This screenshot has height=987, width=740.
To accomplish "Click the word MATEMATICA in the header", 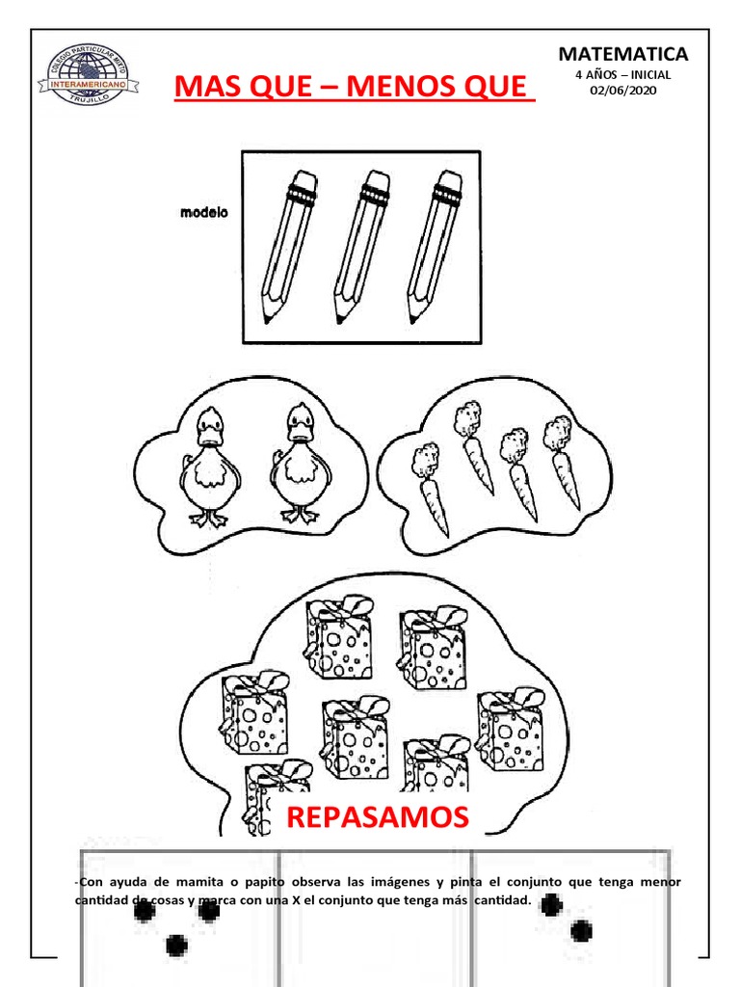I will coord(623,54).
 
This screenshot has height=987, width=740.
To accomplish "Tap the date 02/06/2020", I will coord(622,91).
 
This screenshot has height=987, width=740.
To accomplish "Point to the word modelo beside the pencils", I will coord(204,213).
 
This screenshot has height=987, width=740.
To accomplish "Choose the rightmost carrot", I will coord(563,463).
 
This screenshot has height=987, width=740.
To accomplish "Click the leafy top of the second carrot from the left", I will coord(467,417).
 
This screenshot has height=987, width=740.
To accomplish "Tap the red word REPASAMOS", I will coord(377,818).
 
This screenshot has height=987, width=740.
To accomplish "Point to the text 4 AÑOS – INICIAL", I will coord(622,74).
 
